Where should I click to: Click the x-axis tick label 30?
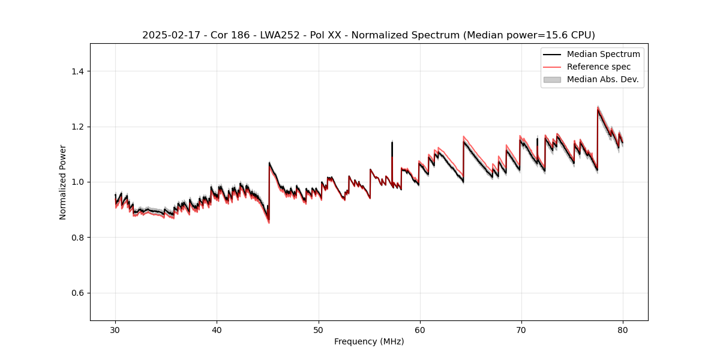click(115, 330)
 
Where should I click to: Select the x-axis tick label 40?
click(217, 330)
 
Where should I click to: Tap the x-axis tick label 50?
click(318, 330)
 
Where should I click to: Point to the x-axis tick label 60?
click(420, 330)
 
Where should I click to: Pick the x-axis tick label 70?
click(521, 330)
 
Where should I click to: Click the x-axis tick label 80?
click(623, 330)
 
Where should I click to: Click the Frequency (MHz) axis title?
click(369, 341)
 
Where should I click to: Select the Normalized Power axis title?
click(63, 182)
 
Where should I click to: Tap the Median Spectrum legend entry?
click(603, 54)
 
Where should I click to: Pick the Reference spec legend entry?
click(598, 67)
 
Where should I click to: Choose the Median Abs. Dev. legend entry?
click(602, 79)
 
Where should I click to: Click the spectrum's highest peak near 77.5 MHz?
click(598, 109)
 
